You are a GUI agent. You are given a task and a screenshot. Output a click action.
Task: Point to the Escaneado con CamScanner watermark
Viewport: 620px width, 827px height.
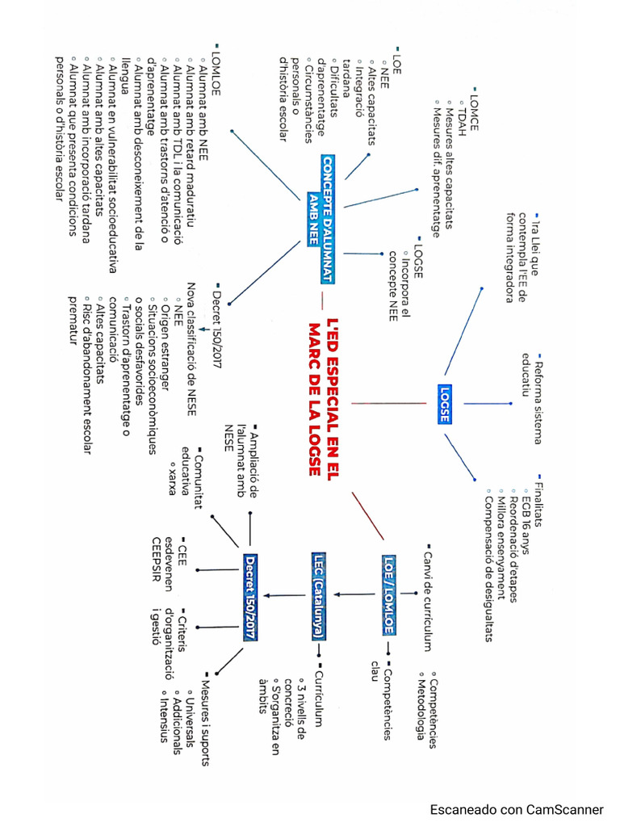tap(517, 809)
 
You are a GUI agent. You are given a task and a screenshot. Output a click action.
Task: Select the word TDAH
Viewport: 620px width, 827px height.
tap(461, 110)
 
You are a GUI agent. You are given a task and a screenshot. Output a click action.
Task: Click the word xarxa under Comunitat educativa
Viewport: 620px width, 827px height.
tap(172, 476)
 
